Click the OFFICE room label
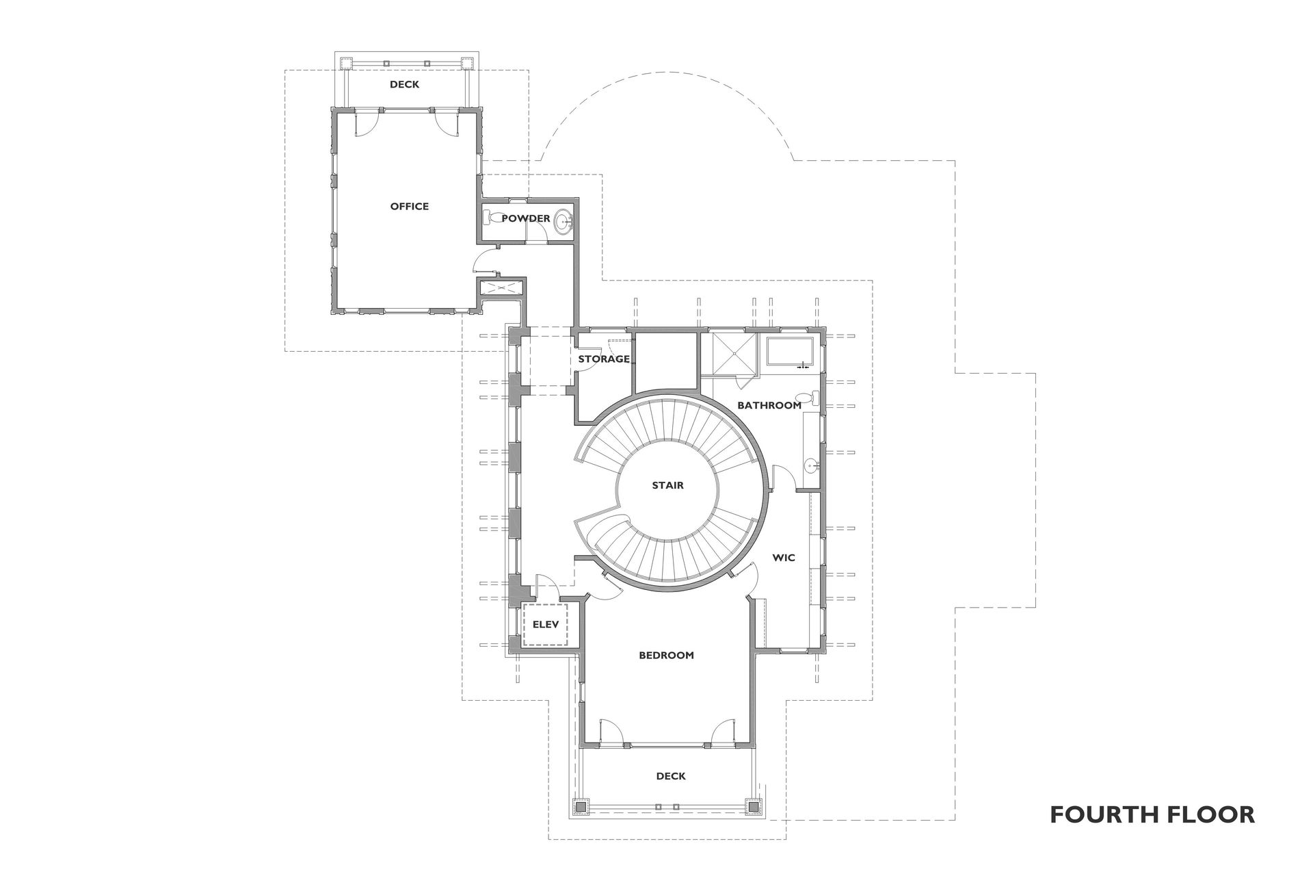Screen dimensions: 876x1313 (x=409, y=206)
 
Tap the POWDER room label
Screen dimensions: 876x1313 (x=525, y=218)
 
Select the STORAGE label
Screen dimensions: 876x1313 (x=604, y=359)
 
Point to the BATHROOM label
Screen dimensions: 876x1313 (x=769, y=405)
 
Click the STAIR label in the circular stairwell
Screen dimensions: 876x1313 (x=667, y=485)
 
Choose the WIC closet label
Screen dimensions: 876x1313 (x=784, y=557)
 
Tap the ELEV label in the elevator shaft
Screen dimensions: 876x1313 (x=546, y=624)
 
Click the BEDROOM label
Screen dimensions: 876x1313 (x=666, y=655)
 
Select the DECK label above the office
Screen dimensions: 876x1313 (x=404, y=84)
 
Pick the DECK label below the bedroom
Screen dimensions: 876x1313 (x=670, y=775)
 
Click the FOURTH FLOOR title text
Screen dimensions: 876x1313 (x=1152, y=814)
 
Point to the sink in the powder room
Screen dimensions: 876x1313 (x=563, y=221)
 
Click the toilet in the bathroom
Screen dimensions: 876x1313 (x=811, y=398)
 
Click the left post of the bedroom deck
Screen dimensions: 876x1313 (x=581, y=807)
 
